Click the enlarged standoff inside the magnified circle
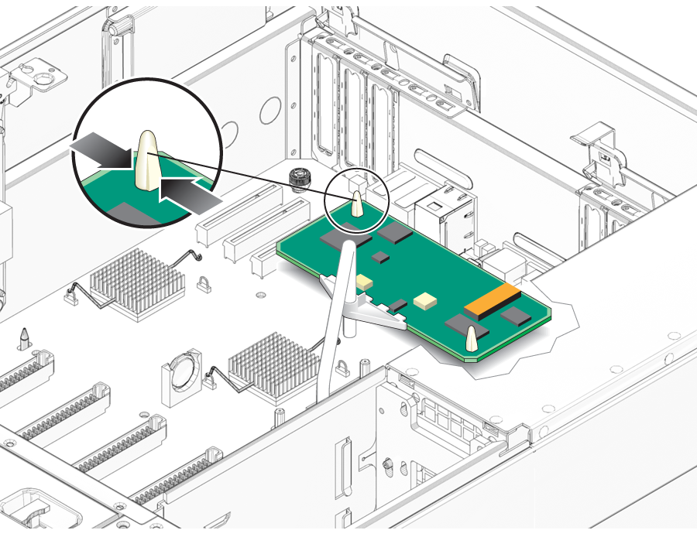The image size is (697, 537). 148,160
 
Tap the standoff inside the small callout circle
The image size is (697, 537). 357,204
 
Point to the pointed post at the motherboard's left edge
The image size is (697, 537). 25,338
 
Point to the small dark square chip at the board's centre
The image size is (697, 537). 380,256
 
